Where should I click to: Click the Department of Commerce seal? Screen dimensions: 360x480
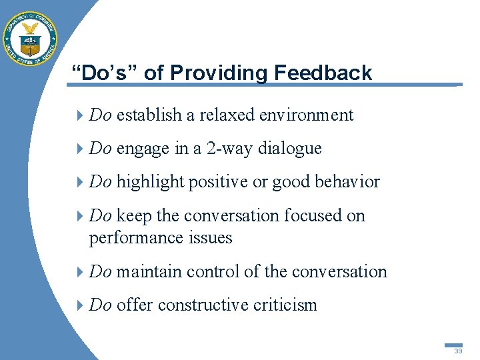click(31, 38)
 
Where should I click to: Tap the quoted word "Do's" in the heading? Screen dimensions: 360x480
click(109, 73)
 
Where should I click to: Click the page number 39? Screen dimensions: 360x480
click(458, 351)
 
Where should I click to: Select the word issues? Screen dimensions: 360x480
click(209, 238)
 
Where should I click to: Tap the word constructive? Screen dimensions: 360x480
click(203, 305)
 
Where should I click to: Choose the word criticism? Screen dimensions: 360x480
click(285, 305)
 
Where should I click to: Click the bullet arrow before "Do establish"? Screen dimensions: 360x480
click(81, 115)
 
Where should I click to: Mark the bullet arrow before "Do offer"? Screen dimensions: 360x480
click(81, 305)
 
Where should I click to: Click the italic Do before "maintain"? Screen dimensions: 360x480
click(100, 271)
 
